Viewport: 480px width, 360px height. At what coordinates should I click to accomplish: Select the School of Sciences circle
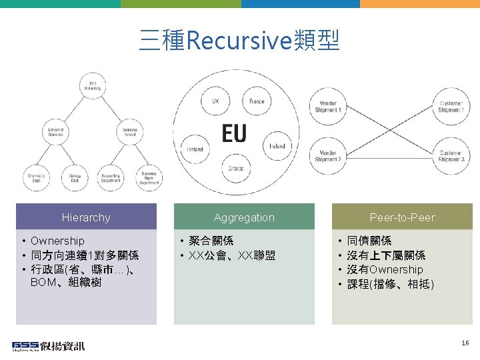coord(56,131)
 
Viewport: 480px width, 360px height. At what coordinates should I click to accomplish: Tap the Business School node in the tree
coord(129,131)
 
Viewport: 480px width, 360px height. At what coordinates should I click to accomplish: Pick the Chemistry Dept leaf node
coord(35,177)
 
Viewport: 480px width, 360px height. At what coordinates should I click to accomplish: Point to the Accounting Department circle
coord(111,177)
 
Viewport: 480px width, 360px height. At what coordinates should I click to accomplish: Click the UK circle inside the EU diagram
coord(215,101)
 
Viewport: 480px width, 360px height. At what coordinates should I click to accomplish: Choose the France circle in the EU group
coord(257,101)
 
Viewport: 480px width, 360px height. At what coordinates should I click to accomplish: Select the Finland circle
coord(195,149)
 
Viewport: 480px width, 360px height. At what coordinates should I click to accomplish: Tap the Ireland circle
coord(277,146)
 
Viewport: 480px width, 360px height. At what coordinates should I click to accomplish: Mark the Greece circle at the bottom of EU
coord(236,168)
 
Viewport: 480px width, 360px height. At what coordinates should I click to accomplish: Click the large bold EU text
coord(234,133)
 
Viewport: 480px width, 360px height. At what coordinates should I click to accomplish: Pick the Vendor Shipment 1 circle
coord(328,107)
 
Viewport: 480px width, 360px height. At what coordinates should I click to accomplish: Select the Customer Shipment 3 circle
coord(451,156)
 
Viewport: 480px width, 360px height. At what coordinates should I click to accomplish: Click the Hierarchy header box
coord(86,217)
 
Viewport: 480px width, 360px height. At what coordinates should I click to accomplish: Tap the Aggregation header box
coord(244,217)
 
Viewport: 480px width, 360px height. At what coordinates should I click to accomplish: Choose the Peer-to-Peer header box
coord(402,217)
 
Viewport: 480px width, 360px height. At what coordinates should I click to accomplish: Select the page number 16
coord(465,343)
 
